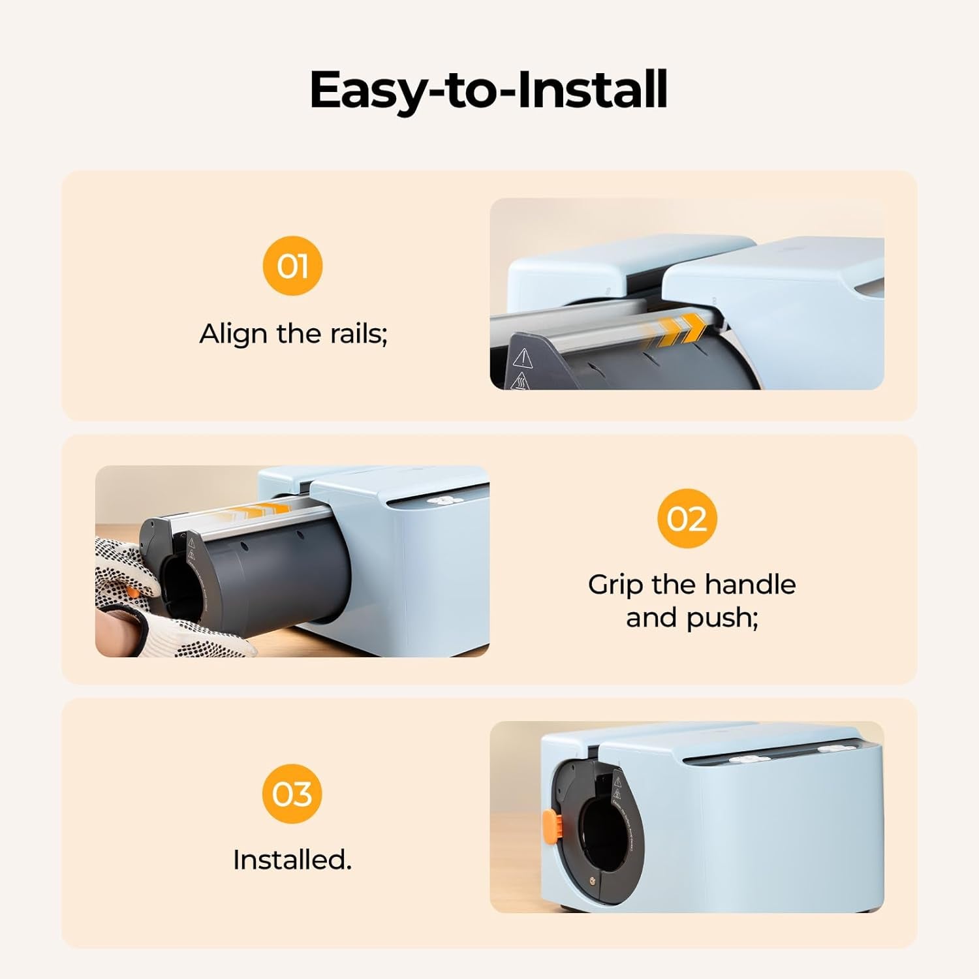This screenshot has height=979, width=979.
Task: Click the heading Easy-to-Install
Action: coord(488,90)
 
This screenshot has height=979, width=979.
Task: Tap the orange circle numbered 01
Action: coord(292,266)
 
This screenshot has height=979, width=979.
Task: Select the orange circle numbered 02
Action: coord(687,518)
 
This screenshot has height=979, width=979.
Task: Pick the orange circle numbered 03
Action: coord(292,793)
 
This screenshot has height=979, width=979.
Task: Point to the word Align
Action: coord(233,334)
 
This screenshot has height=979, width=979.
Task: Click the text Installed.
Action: coord(292,860)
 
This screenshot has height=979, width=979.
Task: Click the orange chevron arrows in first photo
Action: coord(676,330)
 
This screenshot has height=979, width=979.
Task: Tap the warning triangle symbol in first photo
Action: coord(522,358)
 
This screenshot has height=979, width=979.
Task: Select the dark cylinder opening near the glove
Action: coord(179,587)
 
